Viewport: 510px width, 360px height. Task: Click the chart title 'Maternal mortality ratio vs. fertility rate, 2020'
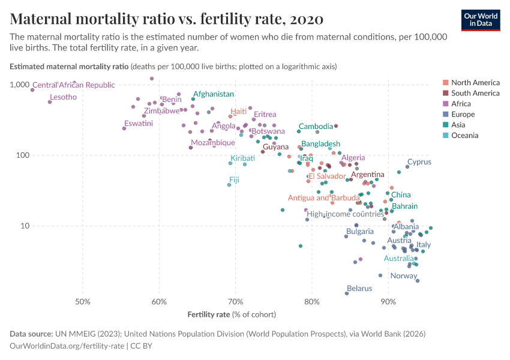tap(167, 19)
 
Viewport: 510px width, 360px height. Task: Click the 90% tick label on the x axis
tap(388, 300)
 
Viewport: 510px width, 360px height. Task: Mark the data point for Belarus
tap(347, 293)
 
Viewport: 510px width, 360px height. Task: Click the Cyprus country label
tap(419, 162)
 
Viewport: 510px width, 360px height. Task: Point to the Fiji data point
tap(229, 185)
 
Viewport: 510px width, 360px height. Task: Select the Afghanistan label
tap(213, 94)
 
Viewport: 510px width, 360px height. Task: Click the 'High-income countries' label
tap(345, 214)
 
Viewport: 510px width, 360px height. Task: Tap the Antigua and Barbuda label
tap(323, 198)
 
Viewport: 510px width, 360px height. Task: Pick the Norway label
tap(403, 276)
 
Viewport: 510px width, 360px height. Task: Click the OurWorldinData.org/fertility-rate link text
tap(67, 346)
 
